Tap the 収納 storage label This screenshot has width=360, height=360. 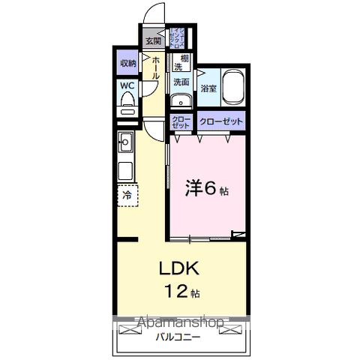tap(127, 64)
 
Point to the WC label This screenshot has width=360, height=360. tap(127, 85)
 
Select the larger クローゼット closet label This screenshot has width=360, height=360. tap(221, 120)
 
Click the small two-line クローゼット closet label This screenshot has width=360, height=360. tap(181, 122)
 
